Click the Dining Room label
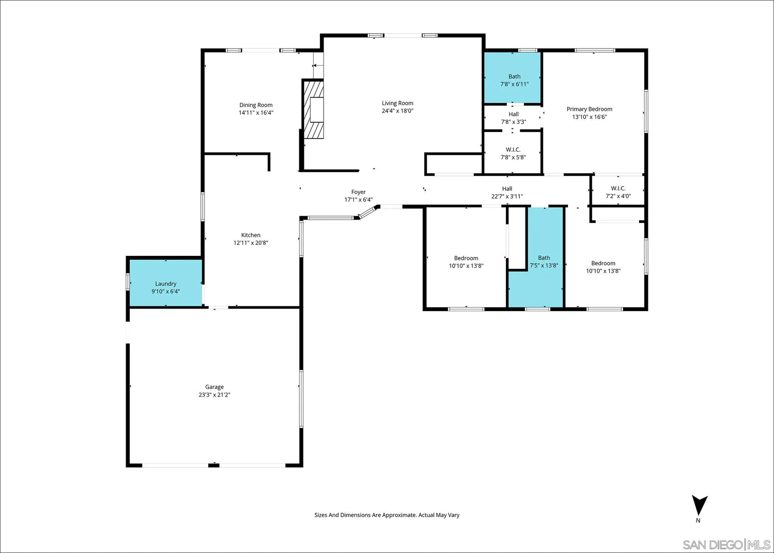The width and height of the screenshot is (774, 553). coord(255,105)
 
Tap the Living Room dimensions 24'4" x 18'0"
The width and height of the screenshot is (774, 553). coord(397,111)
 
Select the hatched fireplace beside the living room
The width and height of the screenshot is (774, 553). coord(314,110)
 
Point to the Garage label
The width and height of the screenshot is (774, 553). coord(214,387)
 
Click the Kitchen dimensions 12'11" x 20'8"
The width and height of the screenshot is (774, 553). coord(251,243)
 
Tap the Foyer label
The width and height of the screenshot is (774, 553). coord(358,192)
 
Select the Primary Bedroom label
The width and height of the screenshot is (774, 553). coord(589,109)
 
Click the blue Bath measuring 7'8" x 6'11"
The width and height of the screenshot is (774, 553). coord(513,77)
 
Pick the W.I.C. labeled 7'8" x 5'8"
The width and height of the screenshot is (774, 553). coord(513,153)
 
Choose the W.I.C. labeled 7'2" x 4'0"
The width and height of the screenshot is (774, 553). coord(618,192)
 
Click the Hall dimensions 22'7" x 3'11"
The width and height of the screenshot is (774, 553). coord(507,196)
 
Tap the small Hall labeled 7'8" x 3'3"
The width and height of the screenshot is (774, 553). coord(513,118)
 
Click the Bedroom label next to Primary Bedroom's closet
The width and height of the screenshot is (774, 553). coord(603,263)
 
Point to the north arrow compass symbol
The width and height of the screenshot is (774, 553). coord(699,506)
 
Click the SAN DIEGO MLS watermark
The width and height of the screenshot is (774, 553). coord(726,545)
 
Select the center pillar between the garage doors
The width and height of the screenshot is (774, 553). coord(214,465)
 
